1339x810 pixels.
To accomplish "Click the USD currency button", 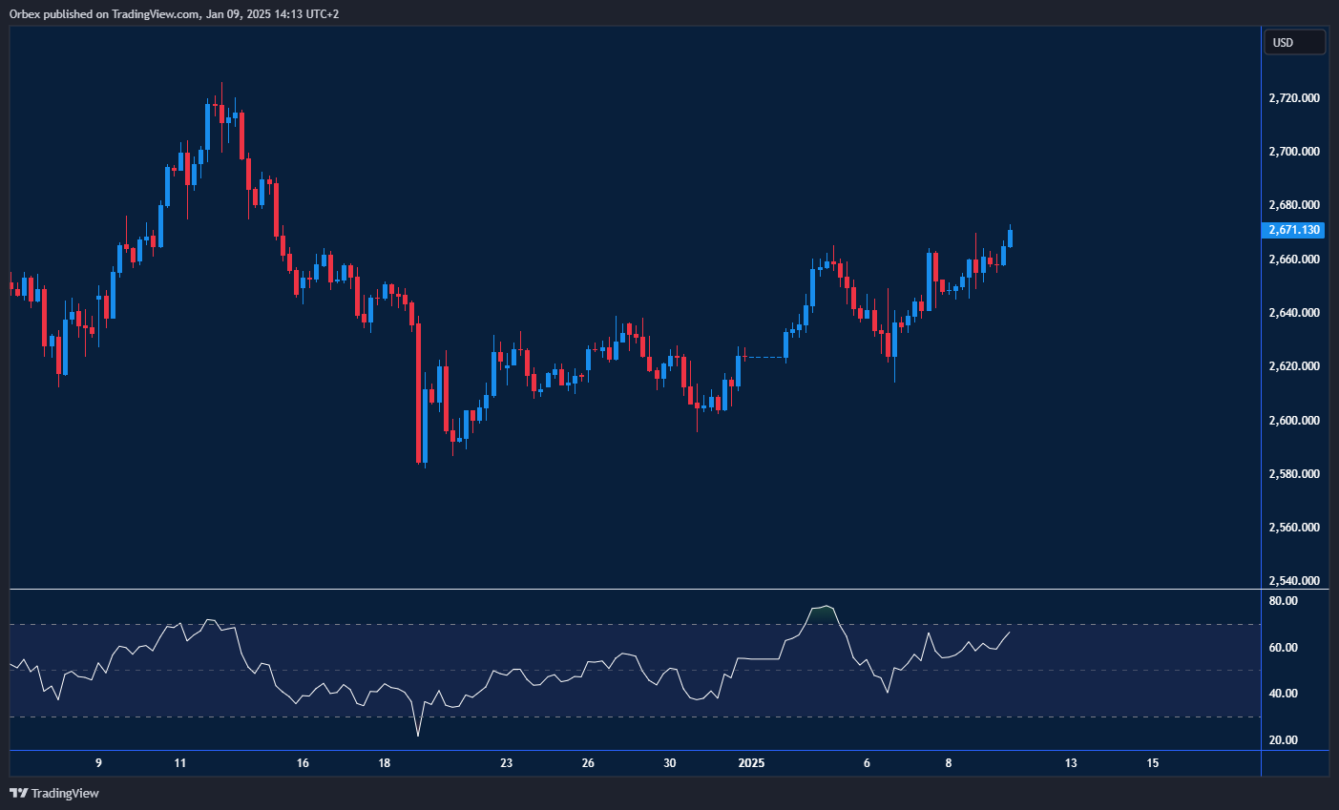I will (x=1294, y=42).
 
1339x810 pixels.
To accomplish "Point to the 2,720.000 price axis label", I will (x=1294, y=98).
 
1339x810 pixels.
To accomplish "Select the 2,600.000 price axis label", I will (x=1294, y=421).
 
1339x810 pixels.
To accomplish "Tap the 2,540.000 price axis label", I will (x=1294, y=581).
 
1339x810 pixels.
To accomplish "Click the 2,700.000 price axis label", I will (x=1294, y=152).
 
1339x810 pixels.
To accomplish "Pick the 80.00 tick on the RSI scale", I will (x=1284, y=601).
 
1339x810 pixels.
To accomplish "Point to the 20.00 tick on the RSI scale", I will (x=1284, y=740).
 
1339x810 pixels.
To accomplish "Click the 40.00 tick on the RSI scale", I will (x=1284, y=694).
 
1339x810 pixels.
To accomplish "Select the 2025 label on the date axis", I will (x=752, y=763).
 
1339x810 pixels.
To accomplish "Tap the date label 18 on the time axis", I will (x=385, y=763).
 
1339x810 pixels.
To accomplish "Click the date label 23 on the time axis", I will (x=507, y=763).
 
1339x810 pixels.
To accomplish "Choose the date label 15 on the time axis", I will (x=1153, y=763).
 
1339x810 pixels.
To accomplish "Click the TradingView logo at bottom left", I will (x=54, y=793).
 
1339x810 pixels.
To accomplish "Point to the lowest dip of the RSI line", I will (x=418, y=735).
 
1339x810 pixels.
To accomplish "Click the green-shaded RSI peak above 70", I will (x=823, y=612).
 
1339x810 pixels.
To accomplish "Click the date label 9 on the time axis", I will (x=98, y=763).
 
